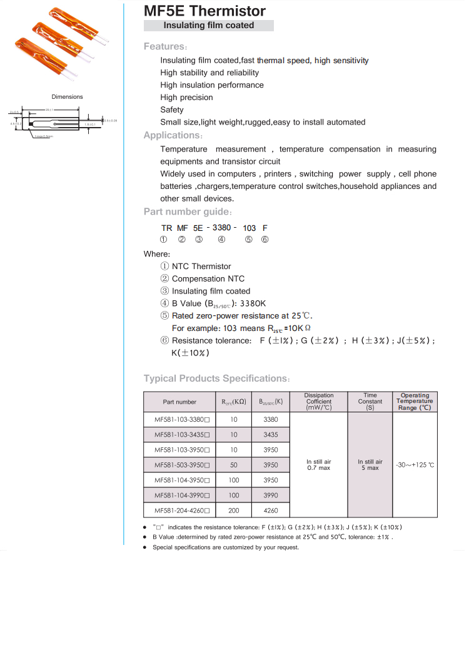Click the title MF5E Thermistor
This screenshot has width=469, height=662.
(x=204, y=11)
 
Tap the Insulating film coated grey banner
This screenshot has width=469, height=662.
(x=209, y=26)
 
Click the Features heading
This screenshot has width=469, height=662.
(x=164, y=46)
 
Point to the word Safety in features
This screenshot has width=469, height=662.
(x=172, y=109)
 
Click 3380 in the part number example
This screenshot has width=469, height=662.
(x=222, y=228)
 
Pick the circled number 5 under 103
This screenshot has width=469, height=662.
(x=249, y=240)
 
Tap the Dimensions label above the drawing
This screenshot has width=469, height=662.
(x=67, y=97)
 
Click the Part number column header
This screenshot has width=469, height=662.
(x=179, y=402)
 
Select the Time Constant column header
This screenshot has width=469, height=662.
(x=370, y=402)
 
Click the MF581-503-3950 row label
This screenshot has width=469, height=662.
(x=179, y=465)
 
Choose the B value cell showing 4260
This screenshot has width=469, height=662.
(x=271, y=511)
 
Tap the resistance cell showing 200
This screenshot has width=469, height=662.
(x=234, y=511)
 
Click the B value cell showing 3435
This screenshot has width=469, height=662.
(x=271, y=434)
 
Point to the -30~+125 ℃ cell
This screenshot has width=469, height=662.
(x=415, y=465)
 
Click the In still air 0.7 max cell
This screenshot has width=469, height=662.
(x=319, y=465)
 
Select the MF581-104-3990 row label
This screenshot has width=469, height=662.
(x=179, y=495)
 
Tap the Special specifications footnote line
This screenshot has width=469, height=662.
(x=226, y=547)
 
